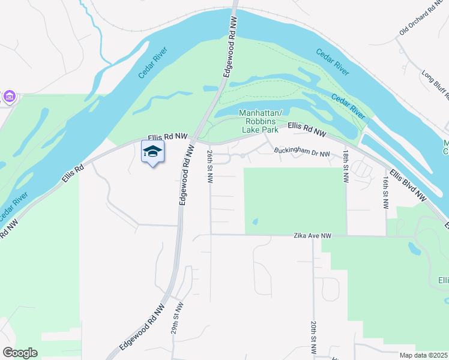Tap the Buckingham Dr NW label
(x=303, y=153)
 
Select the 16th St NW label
(x=385, y=193)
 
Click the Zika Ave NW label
(x=312, y=236)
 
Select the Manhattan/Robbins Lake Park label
(x=264, y=121)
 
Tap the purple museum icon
(x=9, y=96)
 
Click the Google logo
(x=20, y=353)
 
